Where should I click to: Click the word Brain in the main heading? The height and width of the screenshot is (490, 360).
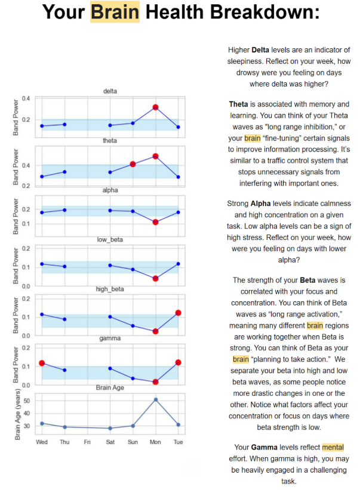[115, 13]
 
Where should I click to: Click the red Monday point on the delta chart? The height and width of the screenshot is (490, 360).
[155, 107]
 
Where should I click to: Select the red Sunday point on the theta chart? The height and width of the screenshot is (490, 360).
[133, 164]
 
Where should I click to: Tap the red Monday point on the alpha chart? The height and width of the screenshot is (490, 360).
[155, 222]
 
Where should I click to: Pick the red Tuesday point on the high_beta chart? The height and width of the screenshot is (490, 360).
[178, 313]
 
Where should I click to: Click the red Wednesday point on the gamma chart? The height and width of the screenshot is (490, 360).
[42, 363]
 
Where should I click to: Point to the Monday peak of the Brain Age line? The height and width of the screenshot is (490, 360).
[155, 399]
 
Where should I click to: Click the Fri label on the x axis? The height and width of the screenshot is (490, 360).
[87, 442]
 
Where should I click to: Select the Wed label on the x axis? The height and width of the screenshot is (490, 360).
[42, 442]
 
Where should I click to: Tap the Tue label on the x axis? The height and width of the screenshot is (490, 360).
[178, 442]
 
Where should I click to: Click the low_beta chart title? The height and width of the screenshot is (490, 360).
[110, 240]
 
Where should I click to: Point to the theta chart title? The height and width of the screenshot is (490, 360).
[110, 141]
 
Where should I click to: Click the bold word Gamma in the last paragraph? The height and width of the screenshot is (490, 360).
[267, 447]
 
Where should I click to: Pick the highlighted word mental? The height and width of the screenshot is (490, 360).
[333, 447]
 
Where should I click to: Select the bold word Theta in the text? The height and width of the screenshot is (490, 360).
[239, 104]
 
